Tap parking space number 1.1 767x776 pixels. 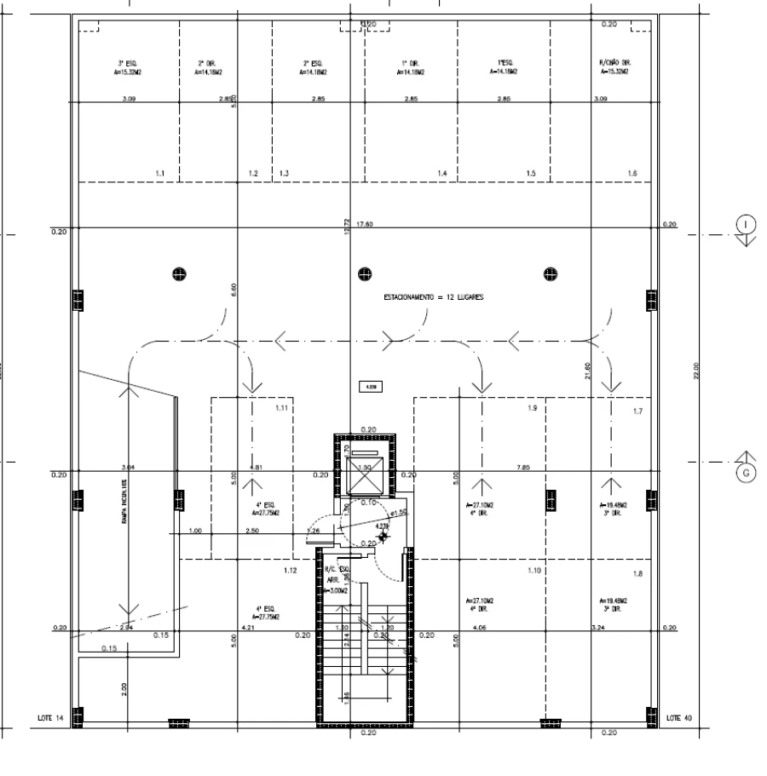point(160,174)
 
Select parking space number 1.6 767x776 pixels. point(631,174)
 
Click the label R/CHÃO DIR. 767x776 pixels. point(614,63)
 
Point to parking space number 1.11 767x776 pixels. point(281,409)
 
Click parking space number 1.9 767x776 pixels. point(533,409)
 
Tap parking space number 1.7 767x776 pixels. point(638,411)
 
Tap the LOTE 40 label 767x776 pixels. point(680,718)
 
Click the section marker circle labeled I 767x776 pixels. point(747,224)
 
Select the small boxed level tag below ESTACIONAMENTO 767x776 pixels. point(372,386)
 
